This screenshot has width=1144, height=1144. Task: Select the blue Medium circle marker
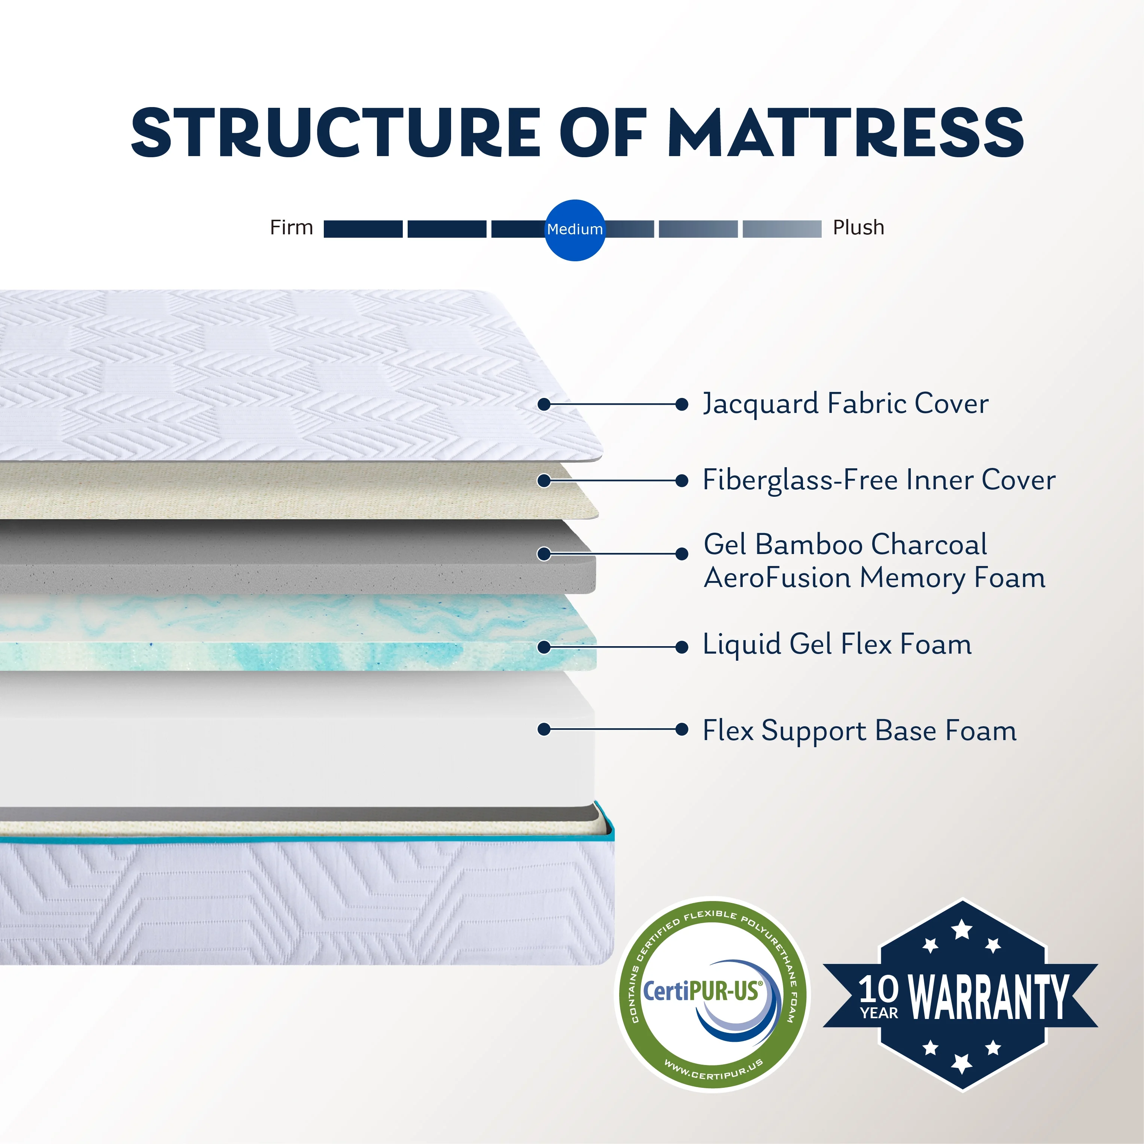[x=574, y=230]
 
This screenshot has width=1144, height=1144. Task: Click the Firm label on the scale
[x=291, y=227]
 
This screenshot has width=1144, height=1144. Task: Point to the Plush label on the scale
[x=859, y=227]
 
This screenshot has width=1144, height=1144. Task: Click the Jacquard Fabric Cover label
[x=846, y=404]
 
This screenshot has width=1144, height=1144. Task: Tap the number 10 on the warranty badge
[x=879, y=989]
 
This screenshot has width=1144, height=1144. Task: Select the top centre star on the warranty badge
[x=962, y=929]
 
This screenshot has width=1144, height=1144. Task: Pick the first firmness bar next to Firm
[x=363, y=229]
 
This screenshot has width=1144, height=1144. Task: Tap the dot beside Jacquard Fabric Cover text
[x=682, y=404]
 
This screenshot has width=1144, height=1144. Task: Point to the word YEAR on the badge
[x=879, y=1013]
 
